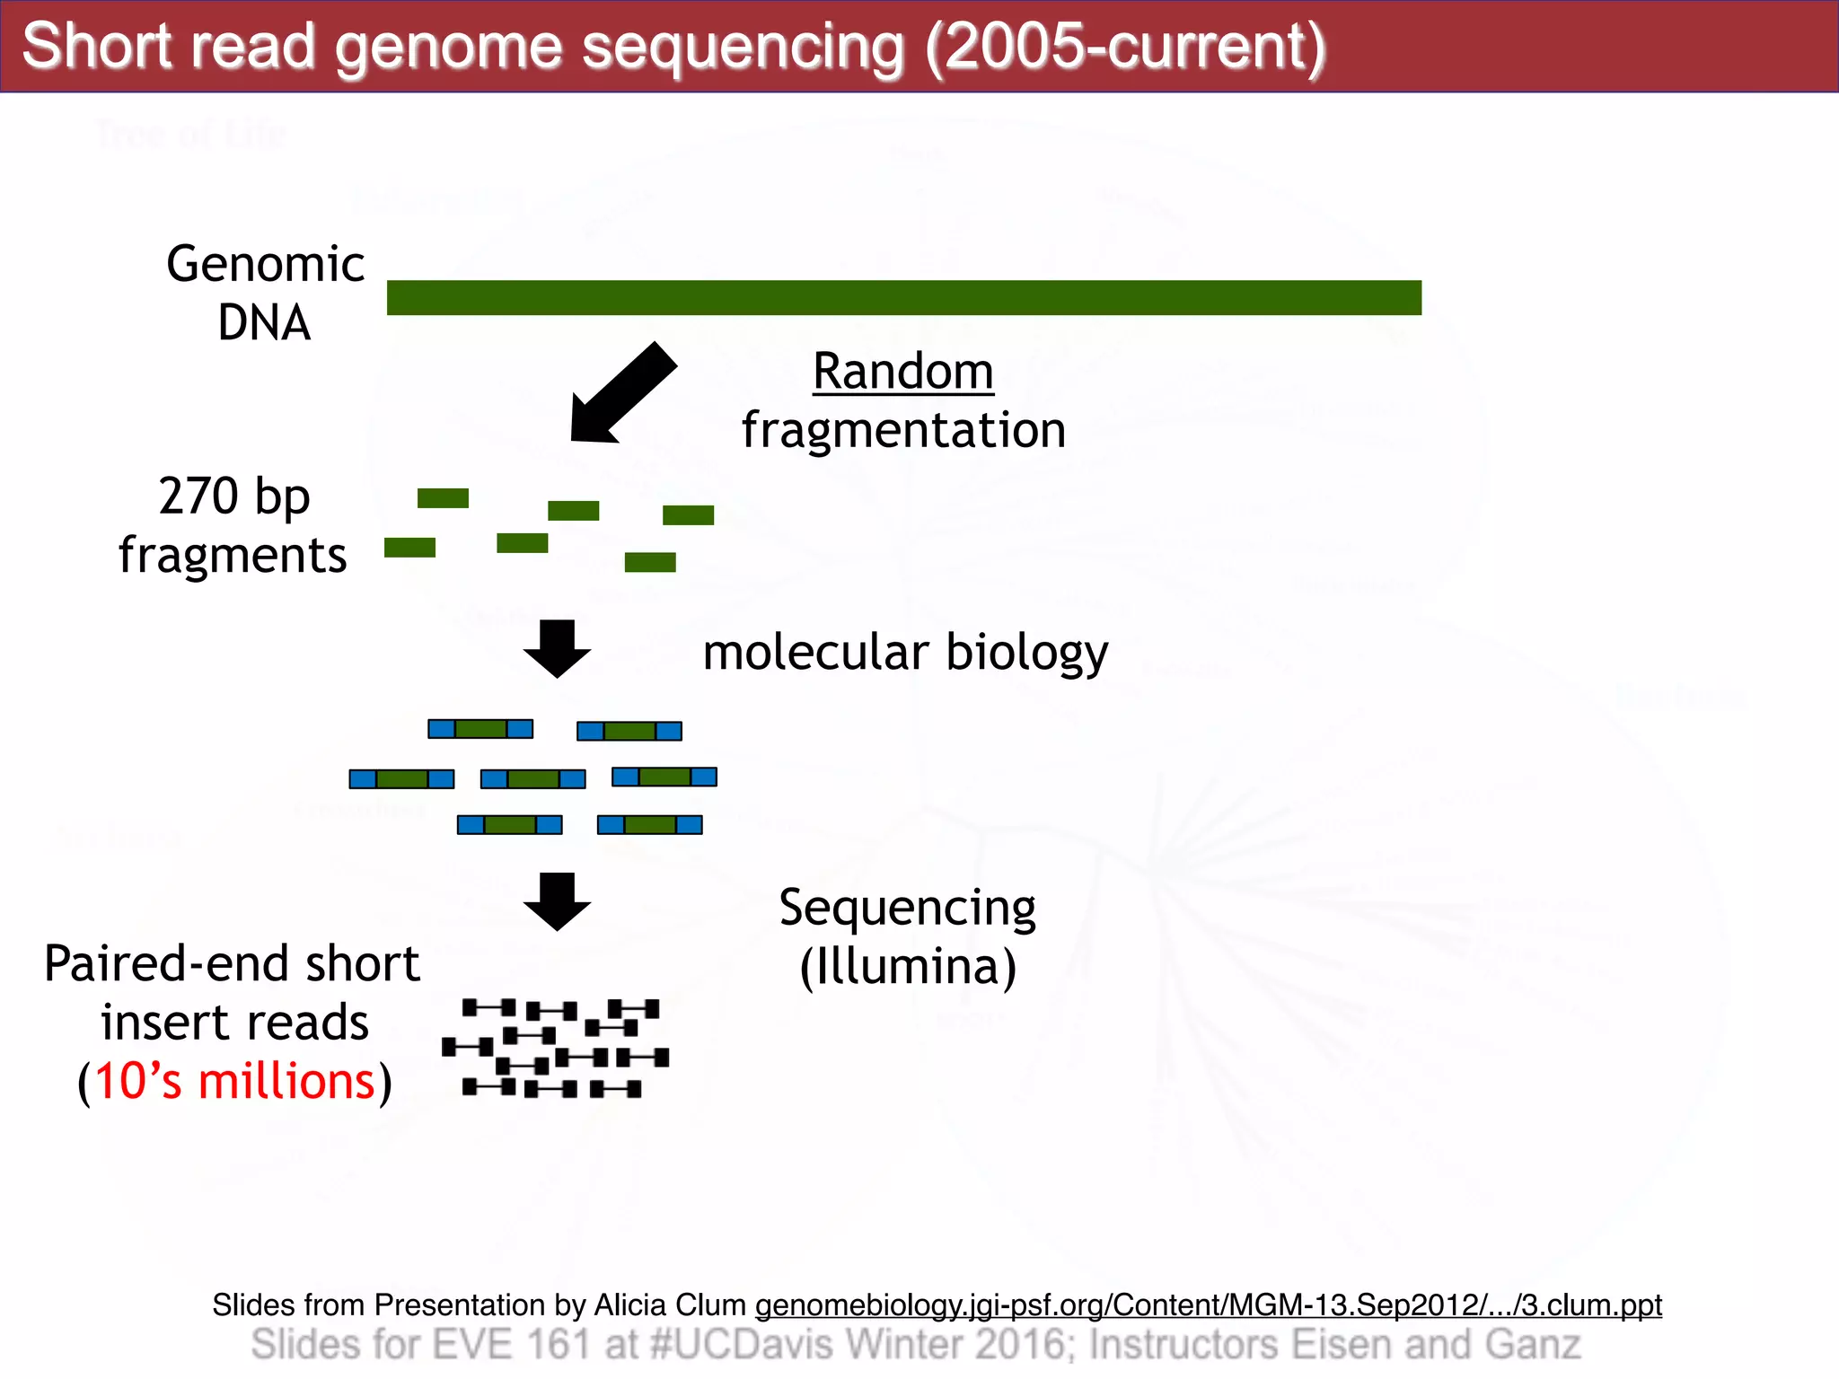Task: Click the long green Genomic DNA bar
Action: [x=903, y=297]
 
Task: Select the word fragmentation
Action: [x=903, y=429]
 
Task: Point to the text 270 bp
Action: [x=234, y=496]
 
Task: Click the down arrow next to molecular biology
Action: [x=557, y=647]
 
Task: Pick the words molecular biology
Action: [x=905, y=652]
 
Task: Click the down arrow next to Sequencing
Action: [x=557, y=900]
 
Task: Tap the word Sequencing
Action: [x=907, y=908]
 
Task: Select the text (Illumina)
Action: [x=908, y=966]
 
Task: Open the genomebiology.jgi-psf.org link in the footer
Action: [x=1208, y=1304]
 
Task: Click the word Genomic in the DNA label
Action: [x=266, y=264]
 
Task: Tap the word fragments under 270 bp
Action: [x=233, y=555]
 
